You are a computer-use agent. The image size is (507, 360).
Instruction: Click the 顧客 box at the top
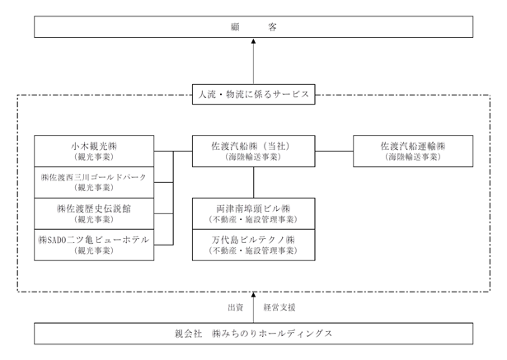tap(254, 27)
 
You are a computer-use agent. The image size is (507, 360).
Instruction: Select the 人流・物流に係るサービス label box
tap(254, 95)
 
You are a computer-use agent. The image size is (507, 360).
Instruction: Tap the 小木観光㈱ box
tap(94, 152)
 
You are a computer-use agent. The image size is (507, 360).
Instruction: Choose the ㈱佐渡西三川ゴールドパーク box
tap(94, 182)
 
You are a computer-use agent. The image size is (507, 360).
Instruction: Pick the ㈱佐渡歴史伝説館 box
tap(94, 213)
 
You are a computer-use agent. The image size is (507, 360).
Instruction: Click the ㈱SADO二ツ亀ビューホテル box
tap(94, 245)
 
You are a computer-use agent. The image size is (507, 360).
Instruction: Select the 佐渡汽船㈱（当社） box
tap(254, 152)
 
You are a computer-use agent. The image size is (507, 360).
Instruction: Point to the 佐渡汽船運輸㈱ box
tap(413, 152)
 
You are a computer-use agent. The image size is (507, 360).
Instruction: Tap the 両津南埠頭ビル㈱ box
tap(254, 213)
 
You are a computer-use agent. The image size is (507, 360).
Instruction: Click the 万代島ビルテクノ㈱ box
tap(254, 245)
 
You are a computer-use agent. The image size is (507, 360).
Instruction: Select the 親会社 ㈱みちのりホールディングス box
tap(254, 334)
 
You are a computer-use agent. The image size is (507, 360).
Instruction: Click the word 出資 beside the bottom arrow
tap(236, 307)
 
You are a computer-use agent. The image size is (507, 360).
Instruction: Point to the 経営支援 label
tap(279, 307)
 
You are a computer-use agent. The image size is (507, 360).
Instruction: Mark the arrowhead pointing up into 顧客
tap(254, 41)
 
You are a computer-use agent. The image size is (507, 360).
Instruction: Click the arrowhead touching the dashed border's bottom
tap(254, 295)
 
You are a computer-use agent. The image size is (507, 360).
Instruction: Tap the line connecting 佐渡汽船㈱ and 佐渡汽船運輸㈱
tap(334, 151)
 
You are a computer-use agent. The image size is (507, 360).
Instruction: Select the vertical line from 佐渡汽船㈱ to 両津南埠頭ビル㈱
tap(254, 183)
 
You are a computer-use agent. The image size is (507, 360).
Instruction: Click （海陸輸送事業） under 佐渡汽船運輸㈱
tap(413, 157)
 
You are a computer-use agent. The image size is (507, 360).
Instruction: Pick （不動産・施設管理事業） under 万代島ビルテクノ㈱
tap(254, 250)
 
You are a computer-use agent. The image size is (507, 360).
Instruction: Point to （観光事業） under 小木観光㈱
tap(94, 157)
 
